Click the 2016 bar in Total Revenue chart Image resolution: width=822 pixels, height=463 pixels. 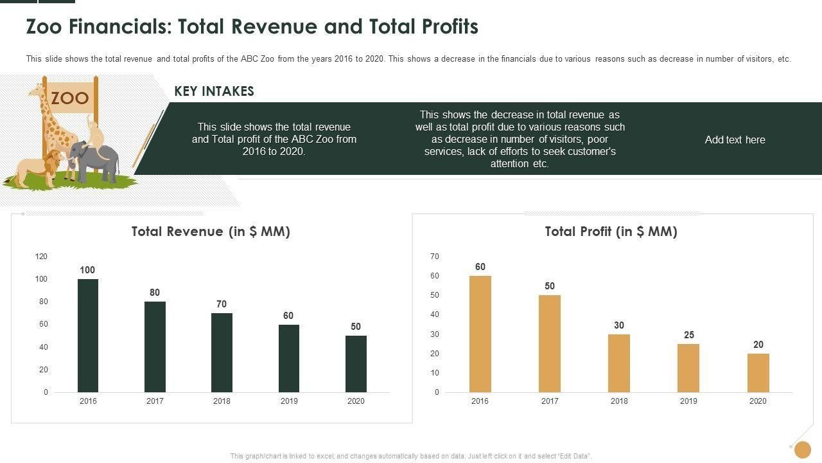(x=88, y=335)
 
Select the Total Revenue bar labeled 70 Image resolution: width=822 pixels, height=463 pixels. (x=222, y=352)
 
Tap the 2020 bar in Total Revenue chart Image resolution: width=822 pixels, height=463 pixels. (x=356, y=363)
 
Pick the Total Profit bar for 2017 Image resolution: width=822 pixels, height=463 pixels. (x=550, y=343)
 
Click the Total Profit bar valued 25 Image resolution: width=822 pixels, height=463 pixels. (x=688, y=368)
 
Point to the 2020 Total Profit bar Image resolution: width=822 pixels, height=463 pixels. (x=758, y=372)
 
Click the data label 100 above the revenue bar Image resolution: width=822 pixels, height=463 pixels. (x=87, y=270)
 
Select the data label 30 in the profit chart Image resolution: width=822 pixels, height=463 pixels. (x=619, y=325)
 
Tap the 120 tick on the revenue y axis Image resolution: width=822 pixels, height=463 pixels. (x=41, y=257)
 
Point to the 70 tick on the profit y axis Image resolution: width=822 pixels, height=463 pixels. (x=435, y=257)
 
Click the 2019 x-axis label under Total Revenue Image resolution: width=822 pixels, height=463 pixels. (x=289, y=401)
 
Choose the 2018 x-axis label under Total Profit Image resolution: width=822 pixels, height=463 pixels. (x=619, y=401)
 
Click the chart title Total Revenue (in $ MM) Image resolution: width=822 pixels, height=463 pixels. (x=211, y=232)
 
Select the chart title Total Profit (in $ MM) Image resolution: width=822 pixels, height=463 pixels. (x=611, y=232)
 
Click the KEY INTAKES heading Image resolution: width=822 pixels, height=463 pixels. (x=214, y=91)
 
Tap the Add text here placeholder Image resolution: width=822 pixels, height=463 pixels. (x=735, y=140)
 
